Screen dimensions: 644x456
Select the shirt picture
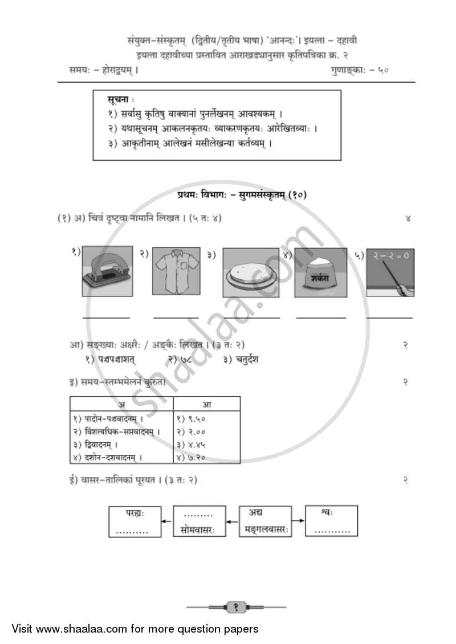pyautogui.click(x=176, y=271)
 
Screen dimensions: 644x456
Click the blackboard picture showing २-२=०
pyautogui.click(x=390, y=272)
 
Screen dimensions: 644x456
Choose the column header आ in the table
pyautogui.click(x=207, y=404)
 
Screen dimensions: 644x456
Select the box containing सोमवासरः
pyautogui.click(x=198, y=521)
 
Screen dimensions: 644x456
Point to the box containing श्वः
pyautogui.click(x=331, y=520)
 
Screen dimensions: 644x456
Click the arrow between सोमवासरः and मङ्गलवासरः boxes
pyautogui.click(x=231, y=521)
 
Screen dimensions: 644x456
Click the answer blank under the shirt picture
pyautogui.click(x=176, y=317)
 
